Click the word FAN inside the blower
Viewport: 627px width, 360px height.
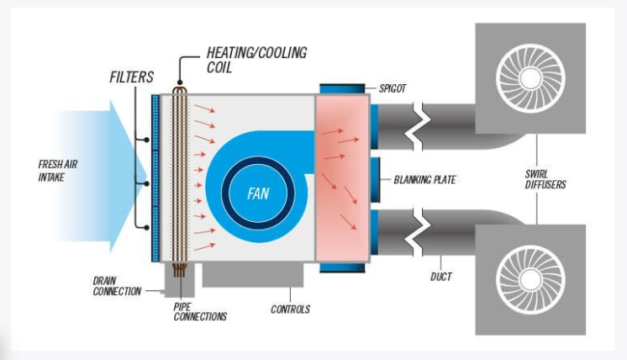[257, 193]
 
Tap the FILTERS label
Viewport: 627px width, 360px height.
[132, 77]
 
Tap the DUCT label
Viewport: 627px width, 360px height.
[440, 276]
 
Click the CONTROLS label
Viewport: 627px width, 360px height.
[290, 309]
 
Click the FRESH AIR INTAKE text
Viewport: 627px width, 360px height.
[58, 171]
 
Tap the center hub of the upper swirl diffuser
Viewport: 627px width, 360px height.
[530, 78]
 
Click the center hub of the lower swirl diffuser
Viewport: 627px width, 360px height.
[530, 278]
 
